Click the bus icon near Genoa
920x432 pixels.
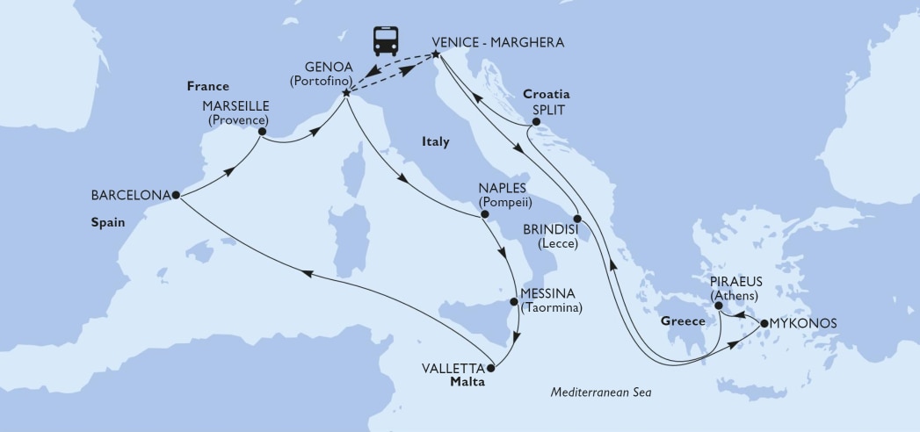tap(385, 40)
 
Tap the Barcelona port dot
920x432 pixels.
tap(177, 194)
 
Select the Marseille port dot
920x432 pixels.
tap(262, 133)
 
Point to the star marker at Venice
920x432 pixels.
tap(437, 57)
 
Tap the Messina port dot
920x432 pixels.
tap(515, 302)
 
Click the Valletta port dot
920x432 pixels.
tap(492, 368)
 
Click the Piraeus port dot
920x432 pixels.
tap(720, 306)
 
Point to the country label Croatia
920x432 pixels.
tap(547, 94)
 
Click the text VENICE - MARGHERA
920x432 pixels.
tap(498, 42)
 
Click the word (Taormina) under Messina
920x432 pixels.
tap(551, 308)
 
